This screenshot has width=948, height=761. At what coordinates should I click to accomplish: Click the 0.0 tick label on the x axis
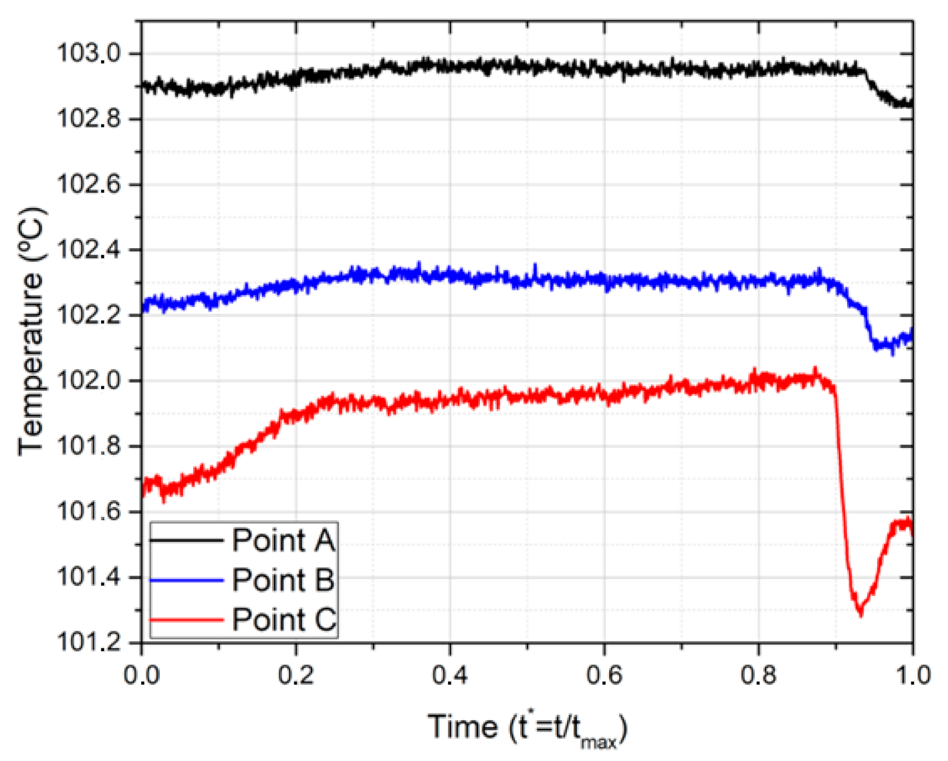142,675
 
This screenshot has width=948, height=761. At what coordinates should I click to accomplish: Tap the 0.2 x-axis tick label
295,675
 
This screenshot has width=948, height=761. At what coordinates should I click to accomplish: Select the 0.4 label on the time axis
450,675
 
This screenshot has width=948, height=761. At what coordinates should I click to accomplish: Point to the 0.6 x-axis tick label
604,675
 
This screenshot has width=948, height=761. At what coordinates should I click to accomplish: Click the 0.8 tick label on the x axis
759,675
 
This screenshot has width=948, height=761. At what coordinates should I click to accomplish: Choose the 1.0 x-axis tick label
913,675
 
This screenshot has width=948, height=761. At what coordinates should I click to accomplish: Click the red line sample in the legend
187,620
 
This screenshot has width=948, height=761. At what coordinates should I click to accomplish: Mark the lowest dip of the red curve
860,613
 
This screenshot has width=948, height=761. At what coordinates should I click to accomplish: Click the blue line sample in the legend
187,580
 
